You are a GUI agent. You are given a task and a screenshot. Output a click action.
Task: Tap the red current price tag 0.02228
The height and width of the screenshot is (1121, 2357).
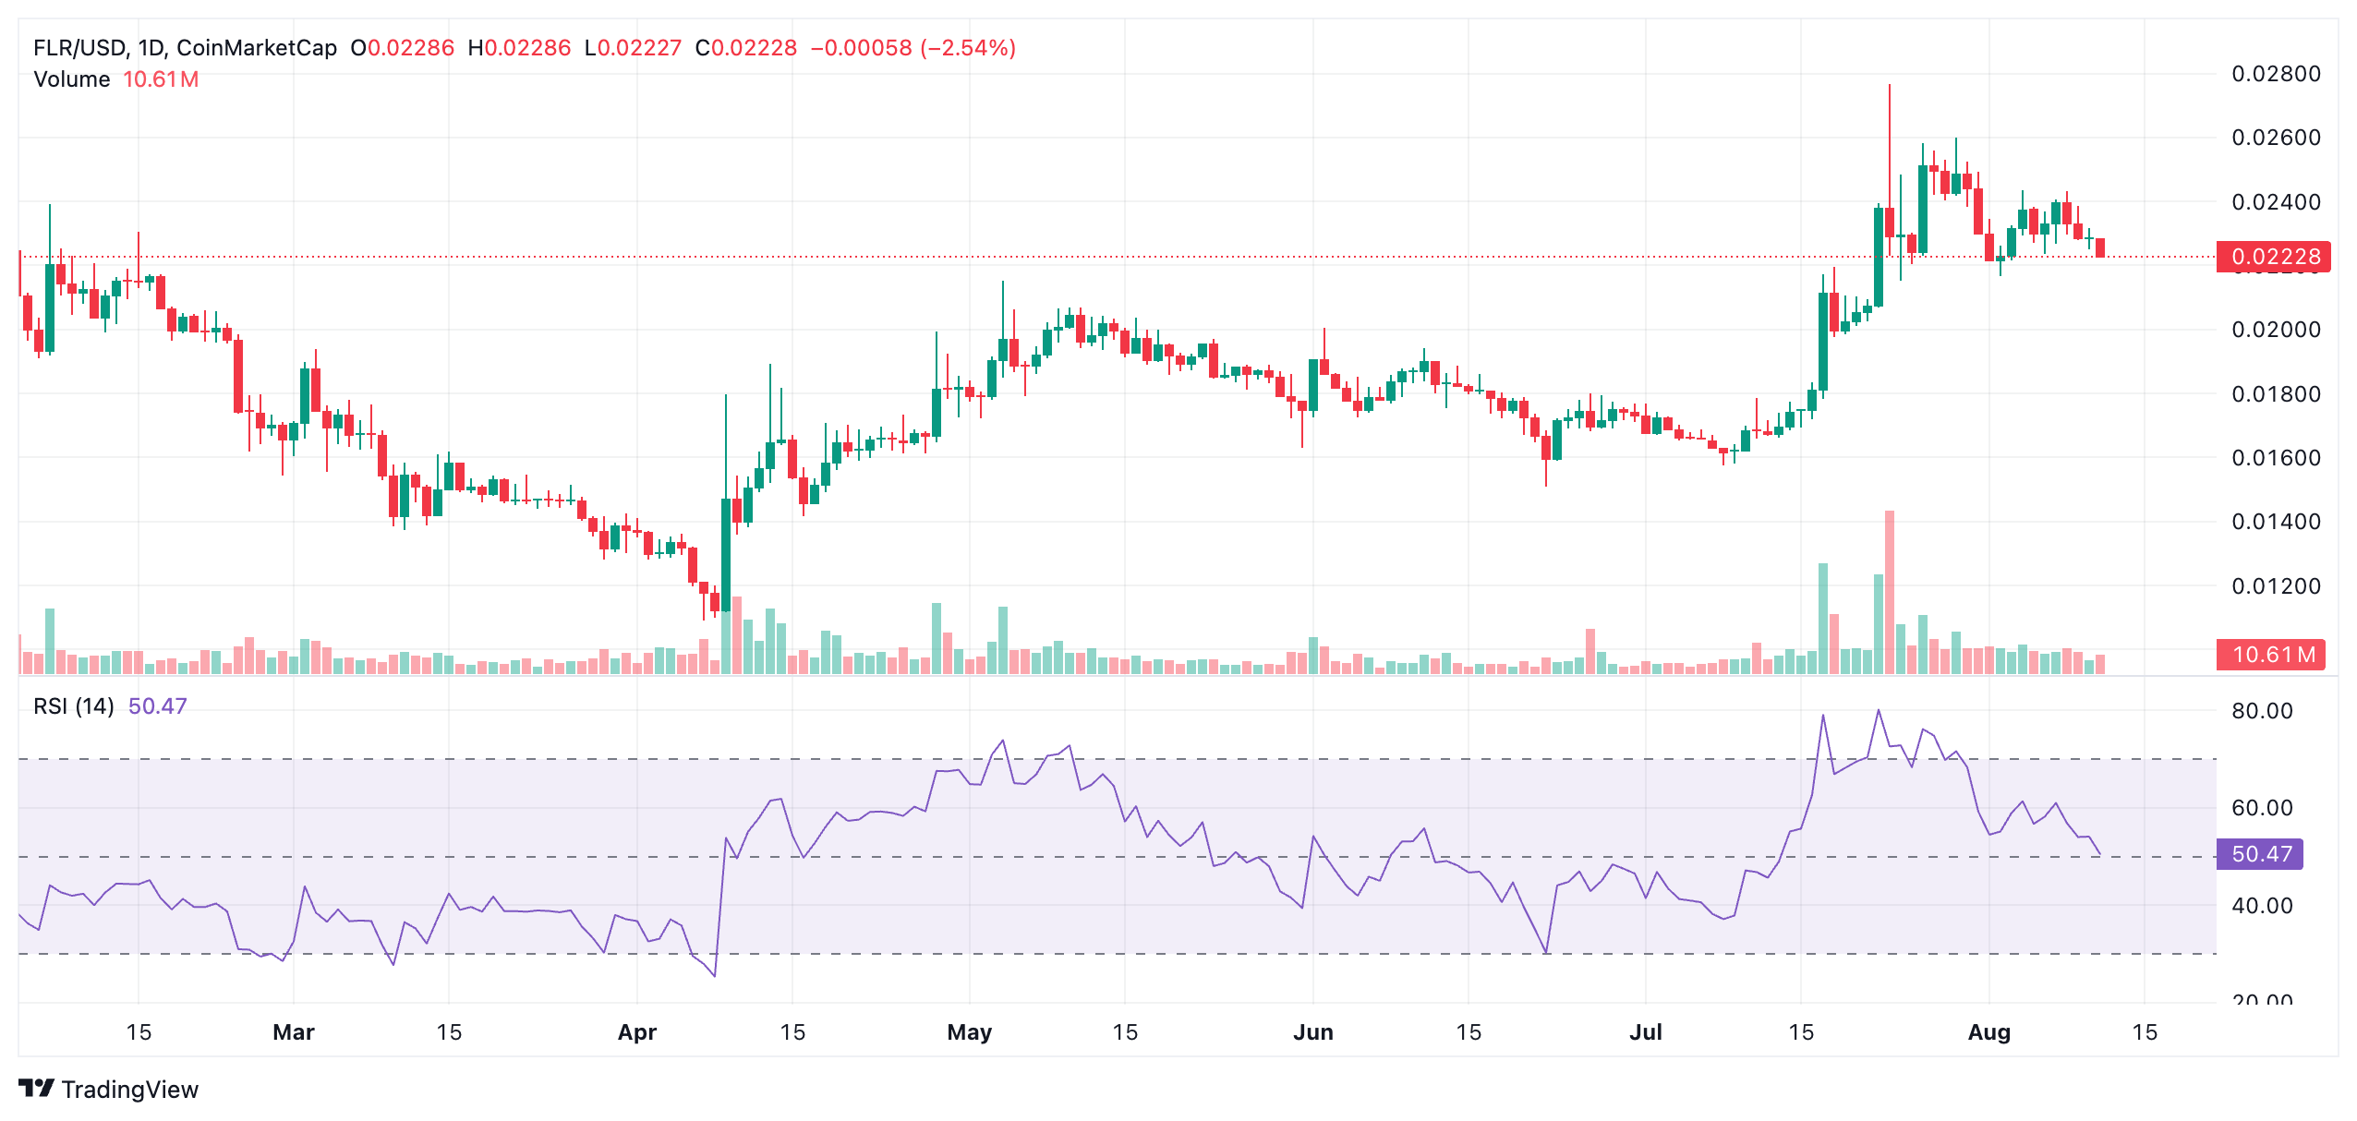pos(2274,257)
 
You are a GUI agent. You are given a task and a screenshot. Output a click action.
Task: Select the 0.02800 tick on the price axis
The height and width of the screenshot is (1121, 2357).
pos(2275,74)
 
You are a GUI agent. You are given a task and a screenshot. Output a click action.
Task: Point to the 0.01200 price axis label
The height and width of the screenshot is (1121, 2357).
pos(2275,586)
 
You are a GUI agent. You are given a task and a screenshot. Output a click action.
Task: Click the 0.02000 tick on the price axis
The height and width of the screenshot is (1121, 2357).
pos(2275,330)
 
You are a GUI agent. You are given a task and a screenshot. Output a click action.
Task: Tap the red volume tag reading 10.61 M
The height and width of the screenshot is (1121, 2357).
pos(2273,655)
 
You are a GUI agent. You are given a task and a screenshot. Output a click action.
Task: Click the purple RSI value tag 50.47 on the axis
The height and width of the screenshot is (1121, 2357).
pos(2261,854)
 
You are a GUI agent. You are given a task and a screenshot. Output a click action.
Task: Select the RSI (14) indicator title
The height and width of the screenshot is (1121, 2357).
pos(74,706)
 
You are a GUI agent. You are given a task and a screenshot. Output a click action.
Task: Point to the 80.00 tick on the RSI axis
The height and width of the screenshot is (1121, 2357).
pos(2262,711)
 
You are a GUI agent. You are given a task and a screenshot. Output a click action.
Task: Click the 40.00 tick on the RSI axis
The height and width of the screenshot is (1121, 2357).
pos(2262,906)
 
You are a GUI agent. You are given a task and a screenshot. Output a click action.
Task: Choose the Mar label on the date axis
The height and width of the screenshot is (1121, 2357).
pos(294,1032)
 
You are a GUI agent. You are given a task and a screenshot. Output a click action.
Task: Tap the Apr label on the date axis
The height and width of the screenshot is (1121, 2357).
pos(637,1032)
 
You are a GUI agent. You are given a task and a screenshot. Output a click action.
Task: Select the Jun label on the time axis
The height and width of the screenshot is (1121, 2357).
pos(1313,1032)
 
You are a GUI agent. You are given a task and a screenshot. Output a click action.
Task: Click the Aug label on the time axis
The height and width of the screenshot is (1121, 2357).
pos(1989,1032)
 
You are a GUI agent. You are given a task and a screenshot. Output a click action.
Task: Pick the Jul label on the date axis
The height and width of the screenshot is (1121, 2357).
pos(1646,1032)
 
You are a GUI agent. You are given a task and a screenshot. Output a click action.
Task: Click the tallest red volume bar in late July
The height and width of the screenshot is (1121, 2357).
pos(1890,591)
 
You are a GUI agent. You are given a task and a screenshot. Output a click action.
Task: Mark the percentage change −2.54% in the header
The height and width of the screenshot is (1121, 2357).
pos(968,48)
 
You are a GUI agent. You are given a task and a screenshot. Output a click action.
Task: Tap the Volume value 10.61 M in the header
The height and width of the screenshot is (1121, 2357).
pos(161,79)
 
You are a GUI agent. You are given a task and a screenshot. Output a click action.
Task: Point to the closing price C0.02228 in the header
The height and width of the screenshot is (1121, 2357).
pos(746,48)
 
